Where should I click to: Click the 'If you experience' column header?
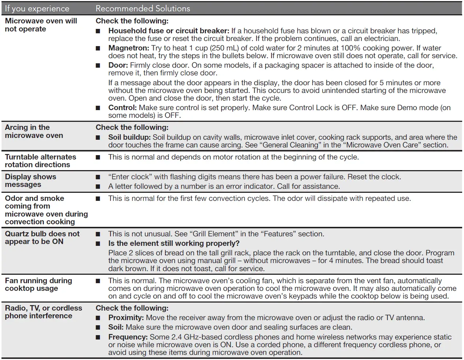pyautogui.click(x=37, y=8)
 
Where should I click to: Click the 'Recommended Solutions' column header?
pyautogui.click(x=143, y=8)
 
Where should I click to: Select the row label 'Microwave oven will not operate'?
pyautogui.click(x=41, y=25)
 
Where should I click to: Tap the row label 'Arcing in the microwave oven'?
pyautogui.click(x=34, y=131)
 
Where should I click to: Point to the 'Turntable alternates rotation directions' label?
pyautogui.click(x=41, y=161)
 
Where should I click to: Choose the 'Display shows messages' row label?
pyautogui.click(x=30, y=180)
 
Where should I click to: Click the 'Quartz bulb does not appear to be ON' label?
pyautogui.click(x=42, y=237)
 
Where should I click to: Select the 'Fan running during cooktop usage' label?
pyautogui.click(x=38, y=284)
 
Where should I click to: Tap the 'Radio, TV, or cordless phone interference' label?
pyautogui.click(x=44, y=312)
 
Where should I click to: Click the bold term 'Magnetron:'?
pyautogui.click(x=129, y=48)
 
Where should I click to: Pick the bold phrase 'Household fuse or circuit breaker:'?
pyautogui.click(x=169, y=31)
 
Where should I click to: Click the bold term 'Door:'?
pyautogui.click(x=118, y=65)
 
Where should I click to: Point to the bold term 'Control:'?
pyautogui.click(x=123, y=108)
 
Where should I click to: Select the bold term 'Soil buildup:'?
pyautogui.click(x=129, y=137)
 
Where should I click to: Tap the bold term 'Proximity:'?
pyautogui.click(x=126, y=318)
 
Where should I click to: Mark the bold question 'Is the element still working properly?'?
pyautogui.click(x=174, y=243)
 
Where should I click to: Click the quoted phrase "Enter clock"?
pyautogui.click(x=130, y=177)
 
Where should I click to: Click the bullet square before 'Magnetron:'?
pyautogui.click(x=98, y=48)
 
